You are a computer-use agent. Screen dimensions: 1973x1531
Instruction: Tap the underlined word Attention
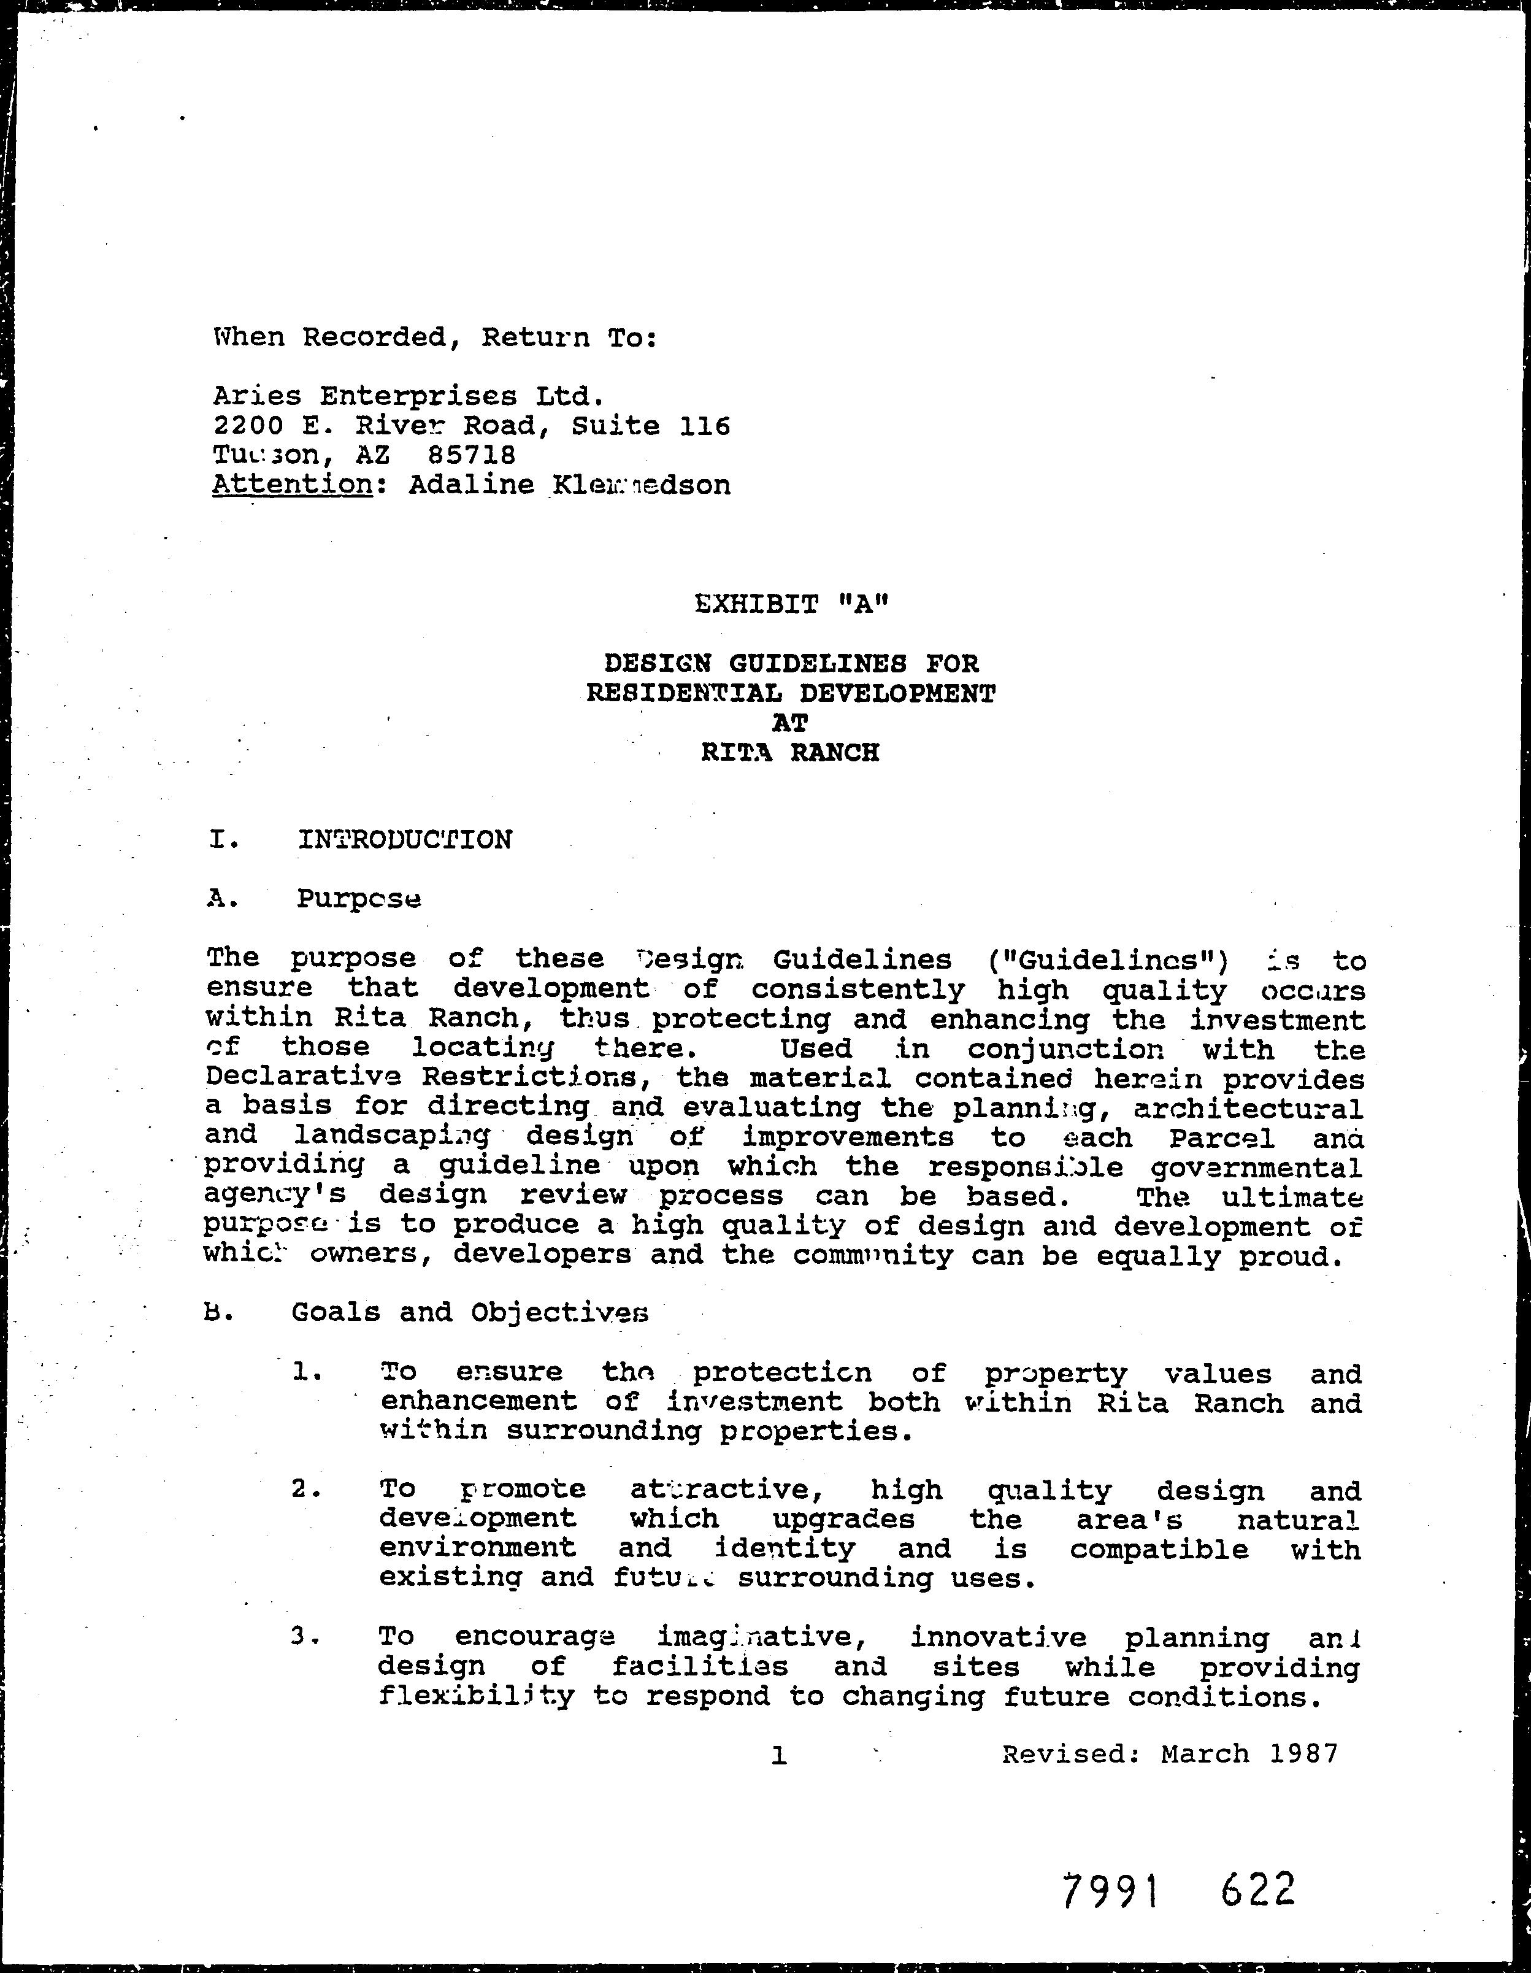(293, 485)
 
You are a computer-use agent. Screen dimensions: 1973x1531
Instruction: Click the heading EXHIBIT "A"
(792, 604)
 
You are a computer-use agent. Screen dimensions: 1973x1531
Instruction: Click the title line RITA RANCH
(789, 753)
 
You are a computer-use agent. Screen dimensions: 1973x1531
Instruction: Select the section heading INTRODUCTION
(405, 840)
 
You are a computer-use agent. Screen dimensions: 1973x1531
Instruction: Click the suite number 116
(705, 426)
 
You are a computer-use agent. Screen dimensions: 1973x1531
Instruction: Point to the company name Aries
(256, 396)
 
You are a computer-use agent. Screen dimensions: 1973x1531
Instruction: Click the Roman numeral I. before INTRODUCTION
(224, 840)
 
